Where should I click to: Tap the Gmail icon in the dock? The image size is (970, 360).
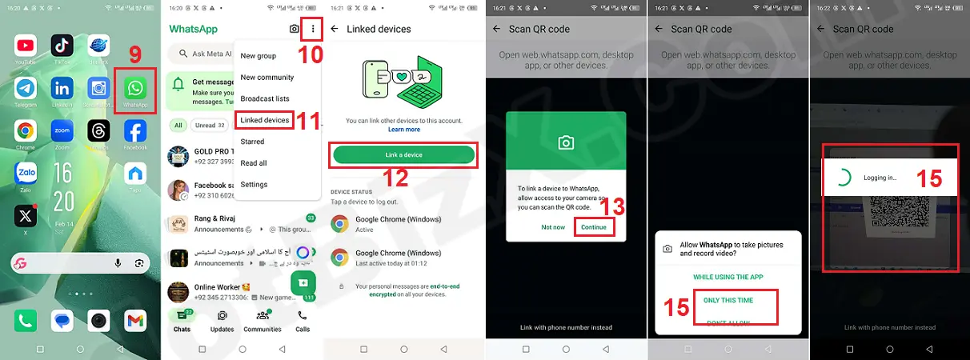tap(135, 321)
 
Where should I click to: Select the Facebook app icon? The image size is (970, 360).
tap(134, 131)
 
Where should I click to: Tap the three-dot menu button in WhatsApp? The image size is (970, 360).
tap(313, 29)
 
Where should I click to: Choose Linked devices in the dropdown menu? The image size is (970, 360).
tap(265, 120)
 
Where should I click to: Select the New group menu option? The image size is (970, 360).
tap(258, 56)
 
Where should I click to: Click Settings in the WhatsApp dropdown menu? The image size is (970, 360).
tap(254, 184)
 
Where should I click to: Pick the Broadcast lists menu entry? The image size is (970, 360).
tap(265, 98)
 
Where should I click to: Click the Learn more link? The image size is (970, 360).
tap(404, 129)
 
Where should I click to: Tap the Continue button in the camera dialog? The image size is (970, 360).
tap(594, 227)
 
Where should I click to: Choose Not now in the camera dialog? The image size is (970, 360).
tap(552, 227)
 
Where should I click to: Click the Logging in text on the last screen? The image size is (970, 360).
tap(880, 178)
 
